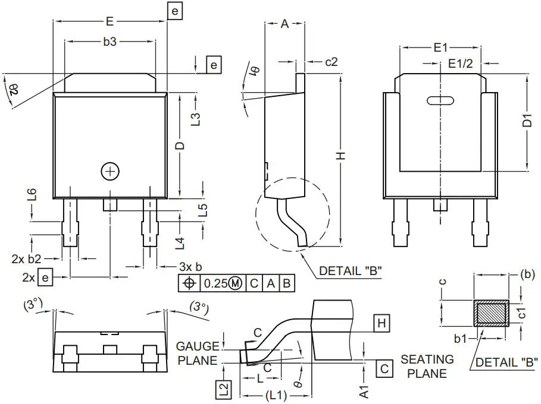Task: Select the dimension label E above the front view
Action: pos(110,21)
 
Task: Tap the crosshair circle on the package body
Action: pos(110,171)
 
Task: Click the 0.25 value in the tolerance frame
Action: pos(214,283)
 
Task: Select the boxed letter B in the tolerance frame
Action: pos(286,283)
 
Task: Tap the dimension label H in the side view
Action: pos(340,156)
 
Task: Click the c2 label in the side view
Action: pos(332,61)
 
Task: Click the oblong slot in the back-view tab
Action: pos(440,101)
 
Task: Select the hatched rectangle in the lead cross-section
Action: pos(491,313)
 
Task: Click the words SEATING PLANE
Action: pos(427,366)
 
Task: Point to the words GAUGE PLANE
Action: pos(198,353)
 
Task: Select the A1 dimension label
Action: pos(365,390)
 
